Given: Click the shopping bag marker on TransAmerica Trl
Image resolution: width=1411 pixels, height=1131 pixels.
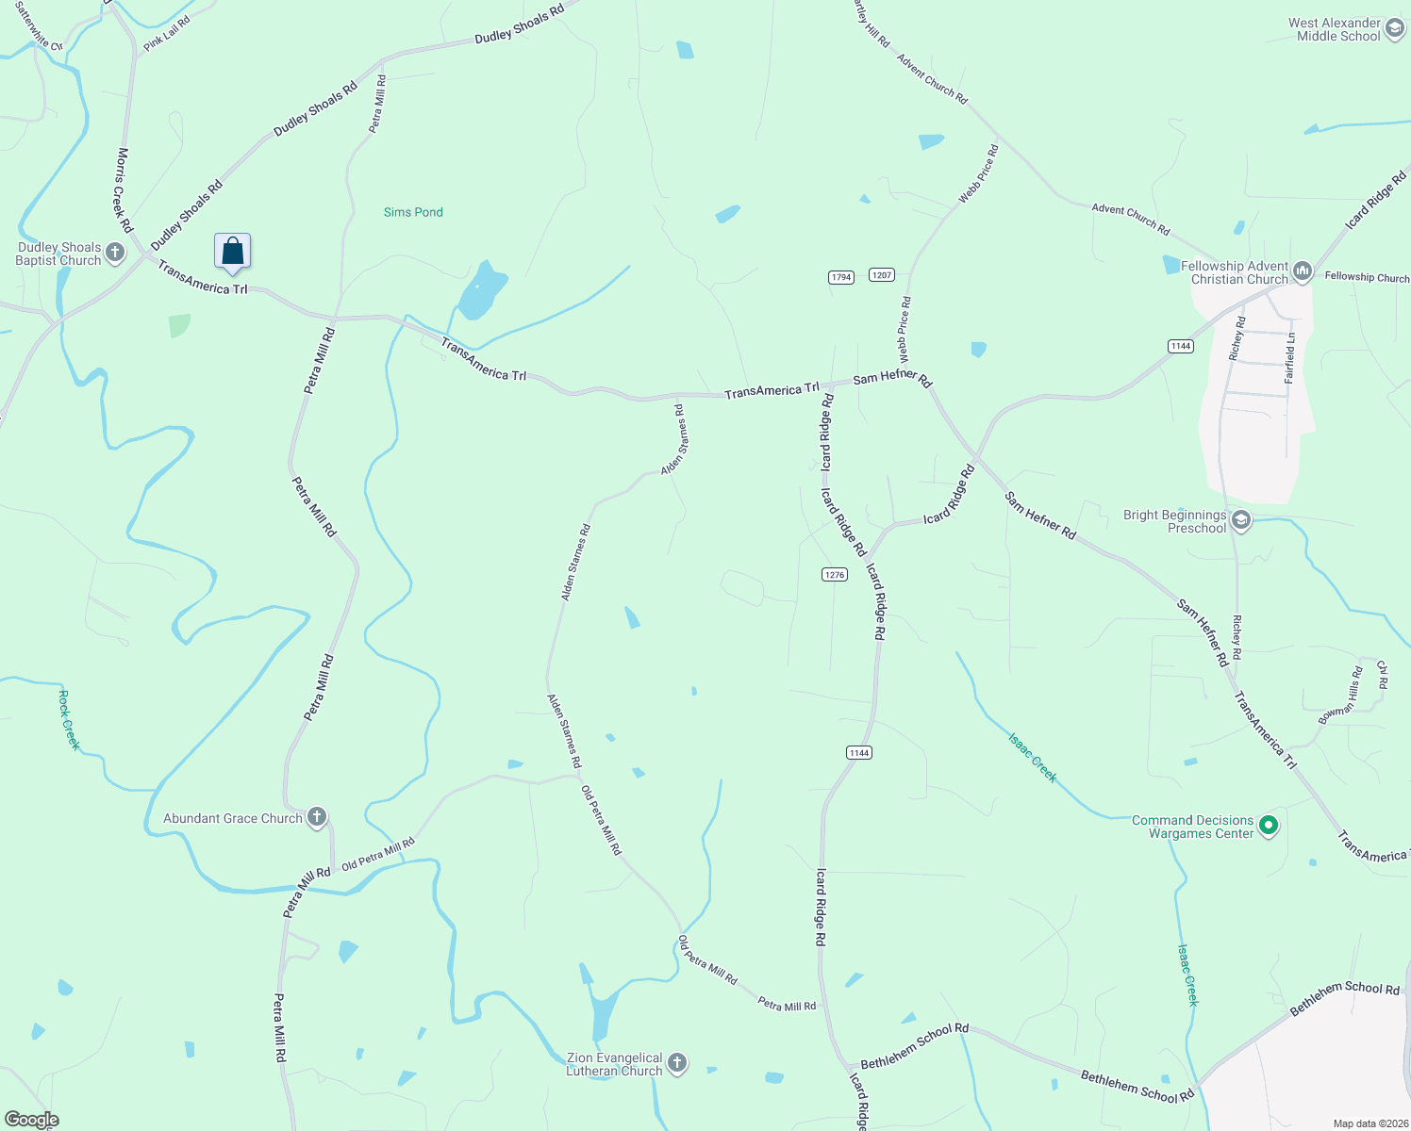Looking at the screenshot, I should point(232,252).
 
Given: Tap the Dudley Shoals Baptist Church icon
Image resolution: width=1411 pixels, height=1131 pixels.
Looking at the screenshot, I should point(115,253).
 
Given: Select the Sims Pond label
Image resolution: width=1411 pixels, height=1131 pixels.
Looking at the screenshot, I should point(413,212).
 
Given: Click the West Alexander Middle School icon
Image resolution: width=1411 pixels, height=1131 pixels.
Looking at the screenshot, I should point(1395,29).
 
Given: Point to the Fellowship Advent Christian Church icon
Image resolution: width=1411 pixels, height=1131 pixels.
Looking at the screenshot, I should point(1303,272).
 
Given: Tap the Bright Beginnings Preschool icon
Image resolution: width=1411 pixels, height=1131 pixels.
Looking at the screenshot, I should point(1241,520).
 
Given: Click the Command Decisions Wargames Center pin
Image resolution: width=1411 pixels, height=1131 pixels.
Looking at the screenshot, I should point(1269,827).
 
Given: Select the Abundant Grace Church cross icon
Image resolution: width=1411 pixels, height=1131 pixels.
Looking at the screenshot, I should point(317,817).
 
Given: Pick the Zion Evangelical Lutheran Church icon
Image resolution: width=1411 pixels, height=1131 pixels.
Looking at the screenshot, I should point(677,1064).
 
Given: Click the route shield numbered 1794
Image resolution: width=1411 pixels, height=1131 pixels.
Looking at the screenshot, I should point(840,277).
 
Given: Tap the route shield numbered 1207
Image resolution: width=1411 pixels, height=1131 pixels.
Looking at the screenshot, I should point(882,274).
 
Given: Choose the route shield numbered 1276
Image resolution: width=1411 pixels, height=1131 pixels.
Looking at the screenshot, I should point(834,574).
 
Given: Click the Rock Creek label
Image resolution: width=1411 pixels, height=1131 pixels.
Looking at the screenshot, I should point(69,720).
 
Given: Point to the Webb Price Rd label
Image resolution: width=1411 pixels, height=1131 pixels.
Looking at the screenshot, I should point(904,330).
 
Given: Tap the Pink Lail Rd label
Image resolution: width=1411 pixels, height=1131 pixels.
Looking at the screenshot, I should point(167,34).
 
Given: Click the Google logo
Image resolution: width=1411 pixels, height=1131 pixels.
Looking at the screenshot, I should point(31,1120).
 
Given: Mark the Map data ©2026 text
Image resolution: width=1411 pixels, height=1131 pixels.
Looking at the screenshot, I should point(1368,1123).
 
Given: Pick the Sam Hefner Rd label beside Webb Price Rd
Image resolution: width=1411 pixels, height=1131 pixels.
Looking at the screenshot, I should point(892,378).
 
